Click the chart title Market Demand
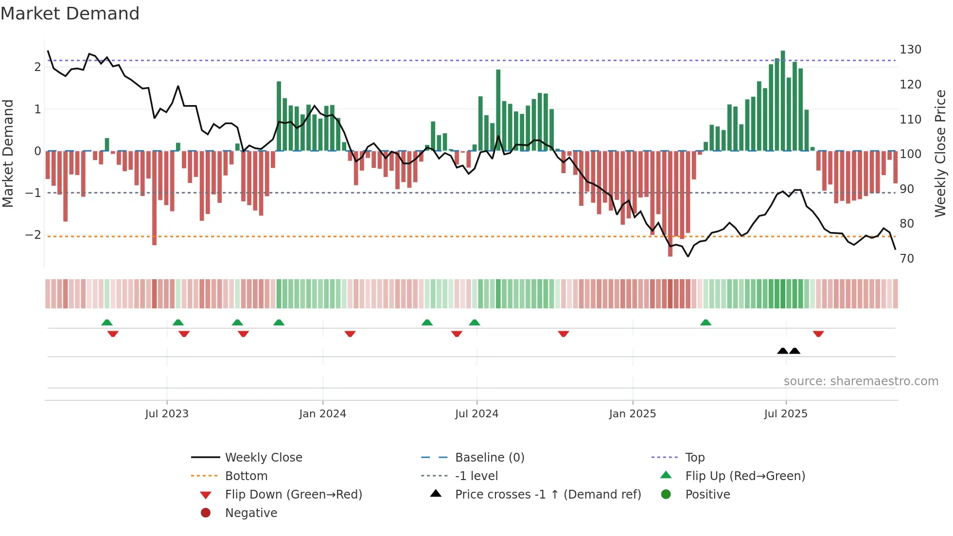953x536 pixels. pyautogui.click(x=70, y=14)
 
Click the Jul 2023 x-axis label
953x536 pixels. pyautogui.click(x=166, y=414)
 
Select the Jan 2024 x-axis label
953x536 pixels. pyautogui.click(x=322, y=414)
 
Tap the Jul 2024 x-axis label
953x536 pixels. pyautogui.click(x=476, y=414)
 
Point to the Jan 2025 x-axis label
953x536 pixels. pyautogui.click(x=632, y=414)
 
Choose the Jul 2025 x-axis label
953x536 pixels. pyautogui.click(x=785, y=414)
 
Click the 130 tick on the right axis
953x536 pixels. pyautogui.click(x=910, y=50)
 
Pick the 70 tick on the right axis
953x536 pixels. pyautogui.click(x=907, y=259)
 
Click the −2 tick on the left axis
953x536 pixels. pyautogui.click(x=33, y=235)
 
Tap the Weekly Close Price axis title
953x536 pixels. pyautogui.click(x=940, y=153)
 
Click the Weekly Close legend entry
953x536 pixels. pyautogui.click(x=263, y=458)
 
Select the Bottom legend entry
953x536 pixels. pyautogui.click(x=246, y=476)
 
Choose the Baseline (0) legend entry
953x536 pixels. pyautogui.click(x=489, y=458)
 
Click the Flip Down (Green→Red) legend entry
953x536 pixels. pyautogui.click(x=293, y=495)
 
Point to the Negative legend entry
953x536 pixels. pyautogui.click(x=251, y=513)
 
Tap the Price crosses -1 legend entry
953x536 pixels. pyautogui.click(x=547, y=495)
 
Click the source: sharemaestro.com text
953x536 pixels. pyautogui.click(x=861, y=381)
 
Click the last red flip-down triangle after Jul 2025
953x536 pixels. pyautogui.click(x=818, y=334)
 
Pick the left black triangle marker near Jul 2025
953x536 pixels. pyautogui.click(x=782, y=351)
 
